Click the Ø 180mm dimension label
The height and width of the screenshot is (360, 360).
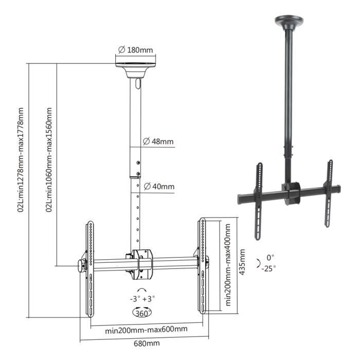[x=135, y=50]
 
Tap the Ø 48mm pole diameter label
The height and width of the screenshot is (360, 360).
[x=158, y=141]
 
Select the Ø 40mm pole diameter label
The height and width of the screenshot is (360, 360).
[x=159, y=186]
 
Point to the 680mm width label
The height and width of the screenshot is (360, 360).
[x=147, y=344]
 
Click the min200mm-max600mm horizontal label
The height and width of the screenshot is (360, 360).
[x=146, y=330]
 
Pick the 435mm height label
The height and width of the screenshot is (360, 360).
[x=242, y=262]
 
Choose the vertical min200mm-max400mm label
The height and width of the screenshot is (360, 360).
[x=228, y=265]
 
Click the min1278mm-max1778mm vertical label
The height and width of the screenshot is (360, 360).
[x=21, y=160]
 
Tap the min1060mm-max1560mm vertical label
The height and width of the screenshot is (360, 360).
[x=49, y=160]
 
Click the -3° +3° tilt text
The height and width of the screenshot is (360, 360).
[x=142, y=299]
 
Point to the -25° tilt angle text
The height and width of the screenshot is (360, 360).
[x=268, y=268]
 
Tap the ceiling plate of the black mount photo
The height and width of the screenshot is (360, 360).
[x=289, y=22]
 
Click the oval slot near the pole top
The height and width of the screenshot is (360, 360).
[x=138, y=83]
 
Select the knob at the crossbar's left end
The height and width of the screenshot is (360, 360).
[x=81, y=266]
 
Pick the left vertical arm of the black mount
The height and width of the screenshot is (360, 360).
[x=259, y=202]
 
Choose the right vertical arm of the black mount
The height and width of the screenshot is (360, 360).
[x=329, y=193]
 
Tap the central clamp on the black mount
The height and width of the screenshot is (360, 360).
[x=291, y=193]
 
